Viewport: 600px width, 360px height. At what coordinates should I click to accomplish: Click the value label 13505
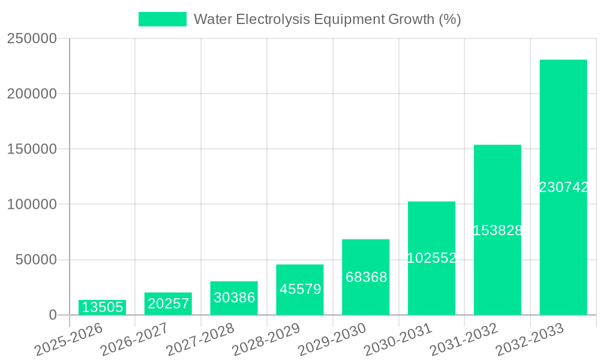pos(102,308)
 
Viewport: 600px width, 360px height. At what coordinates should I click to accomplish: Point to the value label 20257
pos(169,304)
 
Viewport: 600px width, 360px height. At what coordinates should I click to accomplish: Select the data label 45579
pos(300,289)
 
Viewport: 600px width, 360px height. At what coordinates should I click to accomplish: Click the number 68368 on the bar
pos(366,277)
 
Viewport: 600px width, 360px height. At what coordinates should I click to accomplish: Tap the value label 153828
pos(497,230)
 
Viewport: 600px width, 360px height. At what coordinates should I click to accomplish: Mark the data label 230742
pos(563,187)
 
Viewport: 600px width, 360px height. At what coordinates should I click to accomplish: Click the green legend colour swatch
pos(162,19)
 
